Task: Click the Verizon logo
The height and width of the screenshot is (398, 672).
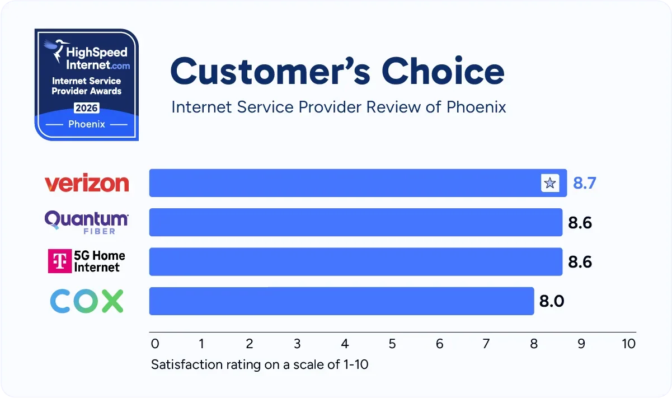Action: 87,183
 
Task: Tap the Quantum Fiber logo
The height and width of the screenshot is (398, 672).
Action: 87,222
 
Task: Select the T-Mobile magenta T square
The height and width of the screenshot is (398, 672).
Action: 60,261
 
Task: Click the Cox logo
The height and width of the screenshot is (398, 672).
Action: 87,301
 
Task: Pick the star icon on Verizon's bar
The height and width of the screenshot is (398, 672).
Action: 550,183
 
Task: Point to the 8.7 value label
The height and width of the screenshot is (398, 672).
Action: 585,183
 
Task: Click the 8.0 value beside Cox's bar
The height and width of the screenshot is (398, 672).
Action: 552,301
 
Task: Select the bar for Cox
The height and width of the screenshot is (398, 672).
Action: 341,301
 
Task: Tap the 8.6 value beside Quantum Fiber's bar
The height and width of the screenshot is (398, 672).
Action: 580,223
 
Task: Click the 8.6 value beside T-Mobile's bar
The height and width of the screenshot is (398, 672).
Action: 580,262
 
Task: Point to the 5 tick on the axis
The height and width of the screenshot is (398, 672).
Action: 392,343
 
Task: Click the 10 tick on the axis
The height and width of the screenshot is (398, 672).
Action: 629,343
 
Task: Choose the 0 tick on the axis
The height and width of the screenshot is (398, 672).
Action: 155,343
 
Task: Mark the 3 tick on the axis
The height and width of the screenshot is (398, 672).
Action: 297,343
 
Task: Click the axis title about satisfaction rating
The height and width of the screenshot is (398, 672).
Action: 260,365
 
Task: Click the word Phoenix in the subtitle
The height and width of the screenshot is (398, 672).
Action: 476,107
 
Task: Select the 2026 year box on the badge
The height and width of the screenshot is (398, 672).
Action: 86,107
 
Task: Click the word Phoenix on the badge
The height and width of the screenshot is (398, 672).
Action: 87,124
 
